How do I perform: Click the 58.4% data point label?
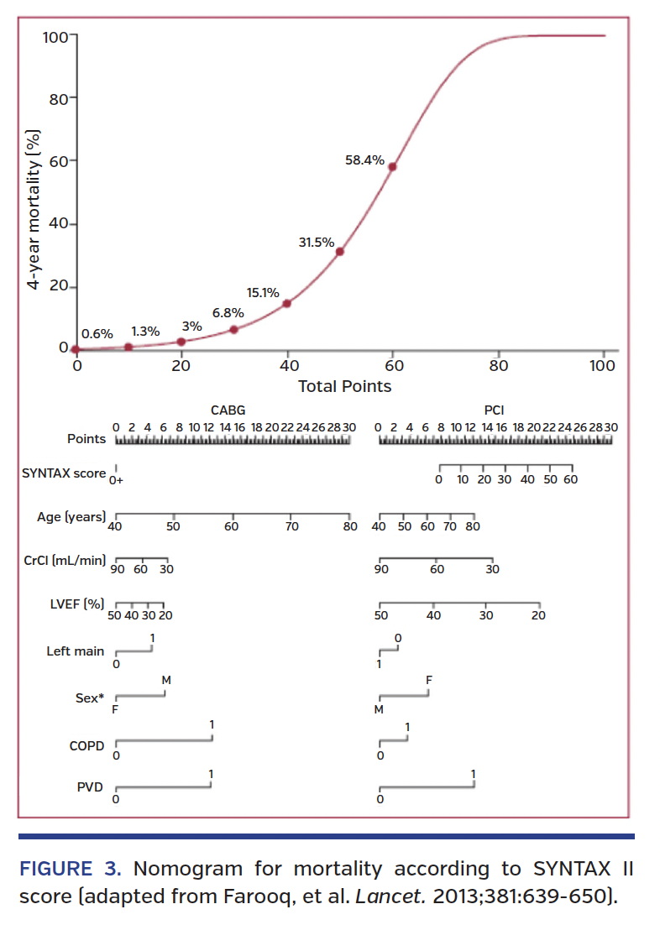click(364, 159)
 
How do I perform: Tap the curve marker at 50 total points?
click(339, 251)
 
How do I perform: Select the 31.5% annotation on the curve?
click(316, 243)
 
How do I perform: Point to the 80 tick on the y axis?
click(57, 98)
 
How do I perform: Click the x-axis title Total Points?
click(344, 386)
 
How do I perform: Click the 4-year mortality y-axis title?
click(34, 210)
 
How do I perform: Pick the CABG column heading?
click(228, 411)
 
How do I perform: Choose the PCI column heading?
click(494, 411)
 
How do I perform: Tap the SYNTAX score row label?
click(64, 473)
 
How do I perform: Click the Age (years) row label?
click(71, 517)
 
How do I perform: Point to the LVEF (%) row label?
click(76, 605)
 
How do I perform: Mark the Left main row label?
click(76, 651)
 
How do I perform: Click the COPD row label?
click(87, 745)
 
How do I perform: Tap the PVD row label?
click(90, 787)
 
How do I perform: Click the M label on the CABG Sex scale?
click(166, 679)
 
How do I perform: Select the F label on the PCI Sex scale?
click(429, 679)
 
